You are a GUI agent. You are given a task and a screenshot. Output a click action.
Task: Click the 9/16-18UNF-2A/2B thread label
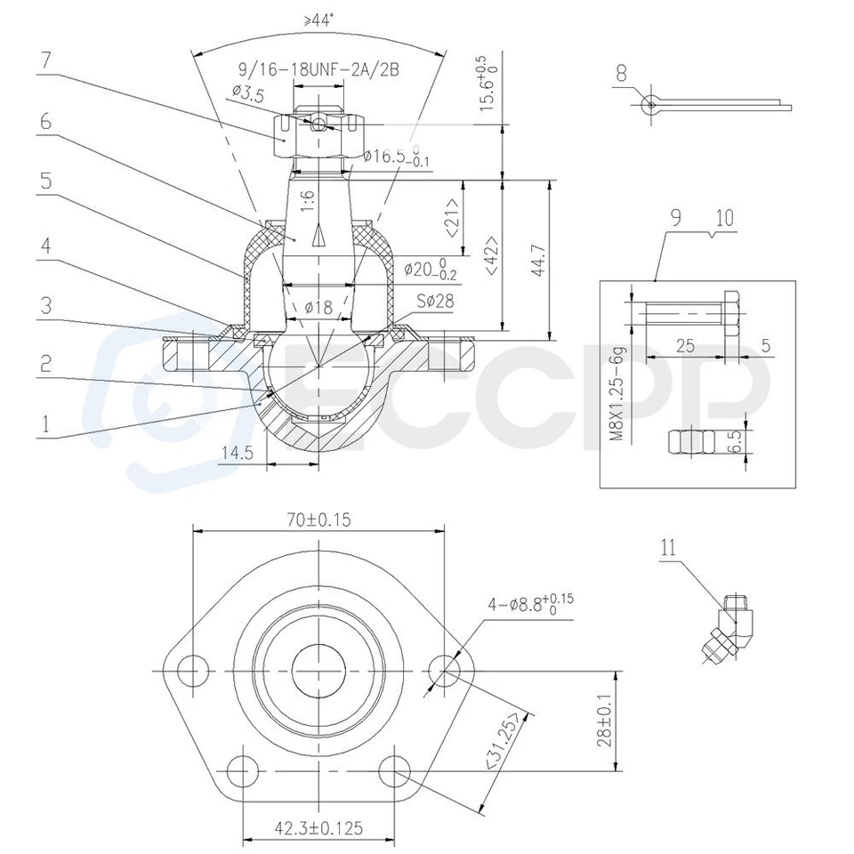click(x=318, y=70)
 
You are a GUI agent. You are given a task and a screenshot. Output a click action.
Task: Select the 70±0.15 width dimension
click(x=318, y=518)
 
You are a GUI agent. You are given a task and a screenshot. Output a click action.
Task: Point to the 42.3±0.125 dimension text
click(x=317, y=827)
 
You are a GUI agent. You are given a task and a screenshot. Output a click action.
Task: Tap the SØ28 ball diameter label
click(x=433, y=302)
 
